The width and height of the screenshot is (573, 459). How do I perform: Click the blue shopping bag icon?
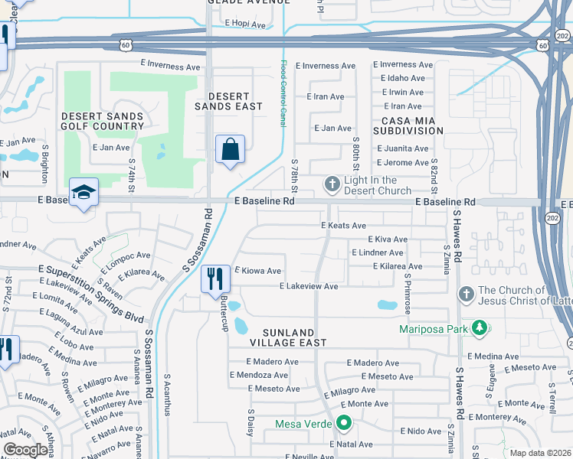coord(231,150)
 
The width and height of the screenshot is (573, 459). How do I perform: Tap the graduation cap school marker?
coord(83,193)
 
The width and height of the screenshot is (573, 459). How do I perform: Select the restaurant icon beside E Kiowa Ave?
coord(215,278)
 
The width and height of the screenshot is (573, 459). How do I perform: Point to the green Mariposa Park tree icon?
coord(480,329)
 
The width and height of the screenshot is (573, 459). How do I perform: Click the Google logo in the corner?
coord(26,451)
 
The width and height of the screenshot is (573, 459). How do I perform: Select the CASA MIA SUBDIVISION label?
coord(408,125)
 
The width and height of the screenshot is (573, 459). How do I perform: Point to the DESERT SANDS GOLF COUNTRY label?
coord(103,121)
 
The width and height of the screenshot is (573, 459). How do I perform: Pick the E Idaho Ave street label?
coord(402,78)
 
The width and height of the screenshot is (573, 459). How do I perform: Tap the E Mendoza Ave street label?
coord(259,376)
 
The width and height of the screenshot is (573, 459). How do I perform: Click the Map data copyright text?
coord(540,453)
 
